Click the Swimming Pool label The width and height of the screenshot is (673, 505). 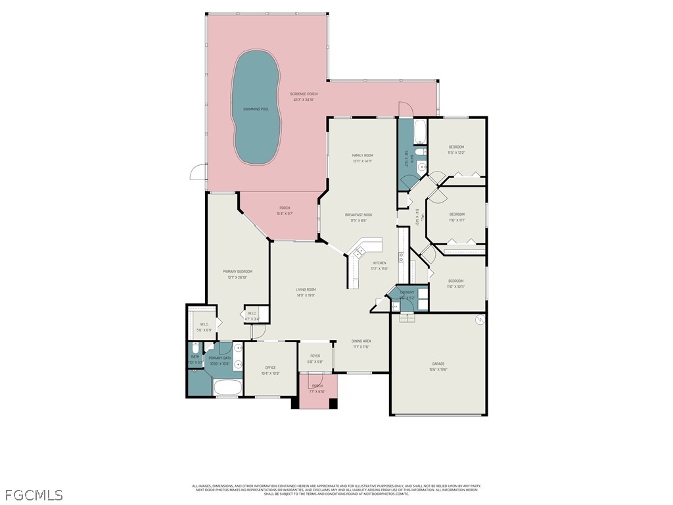[x=256, y=109]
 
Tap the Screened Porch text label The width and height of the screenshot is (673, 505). [x=304, y=94]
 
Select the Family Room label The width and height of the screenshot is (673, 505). [x=362, y=155]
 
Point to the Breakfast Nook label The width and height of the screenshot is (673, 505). [x=359, y=215]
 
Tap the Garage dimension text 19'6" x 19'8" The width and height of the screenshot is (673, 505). [x=438, y=370]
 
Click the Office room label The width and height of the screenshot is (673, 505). [x=270, y=368]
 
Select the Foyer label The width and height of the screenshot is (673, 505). [x=315, y=356]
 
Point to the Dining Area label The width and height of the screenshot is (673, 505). [x=361, y=341]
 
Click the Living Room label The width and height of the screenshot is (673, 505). [x=306, y=290]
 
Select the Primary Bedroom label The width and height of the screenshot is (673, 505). [x=237, y=272]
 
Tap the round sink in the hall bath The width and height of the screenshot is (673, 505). [x=421, y=168]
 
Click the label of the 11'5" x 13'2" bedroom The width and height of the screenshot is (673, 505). [x=456, y=147]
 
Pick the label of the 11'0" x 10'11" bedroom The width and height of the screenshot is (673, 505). [x=455, y=281]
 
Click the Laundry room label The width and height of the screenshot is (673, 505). [x=407, y=293]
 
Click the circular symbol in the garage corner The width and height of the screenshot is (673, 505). [x=480, y=320]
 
